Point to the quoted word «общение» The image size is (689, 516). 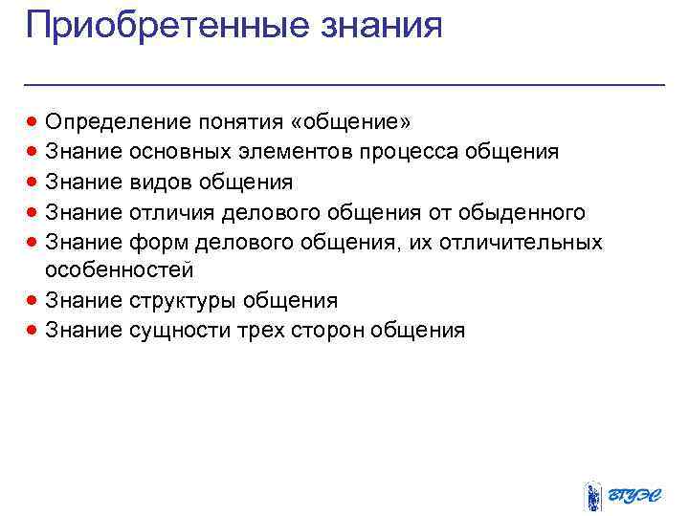pyautogui.click(x=353, y=122)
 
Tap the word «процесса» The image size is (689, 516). pyautogui.click(x=410, y=152)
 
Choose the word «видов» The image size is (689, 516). pyautogui.click(x=160, y=182)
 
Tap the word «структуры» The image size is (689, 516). pyautogui.click(x=180, y=301)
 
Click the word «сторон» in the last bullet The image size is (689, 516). pyautogui.click(x=322, y=331)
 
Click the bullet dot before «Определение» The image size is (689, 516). pyautogui.click(x=33, y=122)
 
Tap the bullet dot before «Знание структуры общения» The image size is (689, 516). pyautogui.click(x=33, y=301)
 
